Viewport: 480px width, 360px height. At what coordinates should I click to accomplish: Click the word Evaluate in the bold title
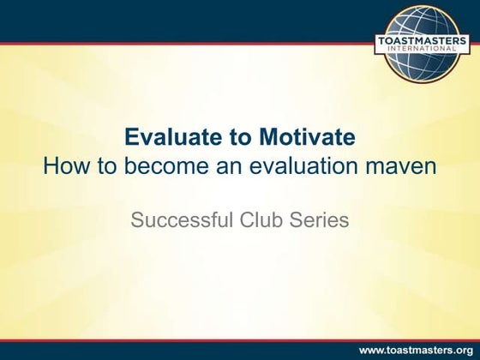pos(167,138)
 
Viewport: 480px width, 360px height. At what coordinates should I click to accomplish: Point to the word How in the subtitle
pos(66,165)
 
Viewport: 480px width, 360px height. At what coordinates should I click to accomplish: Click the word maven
pos(403,166)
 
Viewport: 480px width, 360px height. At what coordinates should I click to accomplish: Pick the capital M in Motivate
pos(258,138)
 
